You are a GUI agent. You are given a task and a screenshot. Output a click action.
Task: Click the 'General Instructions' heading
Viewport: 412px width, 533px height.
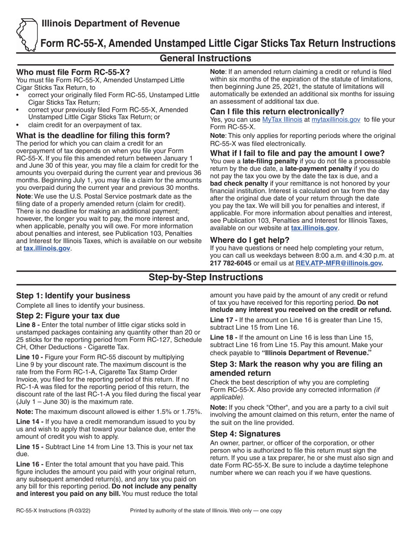(206, 58)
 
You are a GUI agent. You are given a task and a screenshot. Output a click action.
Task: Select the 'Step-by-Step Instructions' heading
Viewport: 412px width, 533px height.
(206, 277)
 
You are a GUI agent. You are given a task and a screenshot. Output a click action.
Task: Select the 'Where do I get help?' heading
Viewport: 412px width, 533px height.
(249, 240)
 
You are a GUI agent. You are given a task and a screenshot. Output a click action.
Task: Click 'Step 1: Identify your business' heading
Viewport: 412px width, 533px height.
(73, 296)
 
